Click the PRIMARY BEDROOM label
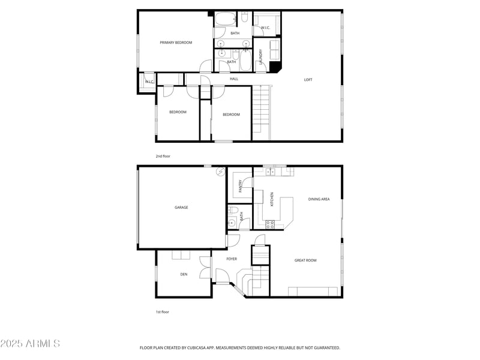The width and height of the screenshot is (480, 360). click(x=176, y=43)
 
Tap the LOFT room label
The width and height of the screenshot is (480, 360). click(x=308, y=80)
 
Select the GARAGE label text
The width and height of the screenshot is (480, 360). click(x=181, y=207)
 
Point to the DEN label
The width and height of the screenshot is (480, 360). click(x=184, y=274)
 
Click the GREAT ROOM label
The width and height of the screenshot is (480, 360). click(x=305, y=260)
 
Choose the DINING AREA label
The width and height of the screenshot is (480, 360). click(x=319, y=199)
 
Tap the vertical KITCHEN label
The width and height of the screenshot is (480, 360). click(x=272, y=199)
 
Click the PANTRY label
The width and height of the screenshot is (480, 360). click(x=241, y=186)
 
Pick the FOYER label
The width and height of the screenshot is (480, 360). click(x=232, y=259)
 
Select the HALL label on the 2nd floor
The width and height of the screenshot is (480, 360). click(x=234, y=79)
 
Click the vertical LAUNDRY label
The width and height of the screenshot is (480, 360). click(x=261, y=57)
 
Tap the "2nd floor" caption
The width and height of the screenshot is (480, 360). click(x=163, y=156)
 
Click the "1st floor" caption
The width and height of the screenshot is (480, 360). click(x=162, y=312)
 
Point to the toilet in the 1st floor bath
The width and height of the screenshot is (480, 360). click(x=233, y=210)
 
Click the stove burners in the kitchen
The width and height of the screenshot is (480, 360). click(x=270, y=224)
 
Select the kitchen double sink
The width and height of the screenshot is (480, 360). click(x=270, y=172)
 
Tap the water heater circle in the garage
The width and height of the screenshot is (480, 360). click(x=220, y=172)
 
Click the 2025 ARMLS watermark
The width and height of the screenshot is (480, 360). click(x=30, y=343)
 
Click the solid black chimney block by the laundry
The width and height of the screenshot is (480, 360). click(x=275, y=67)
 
